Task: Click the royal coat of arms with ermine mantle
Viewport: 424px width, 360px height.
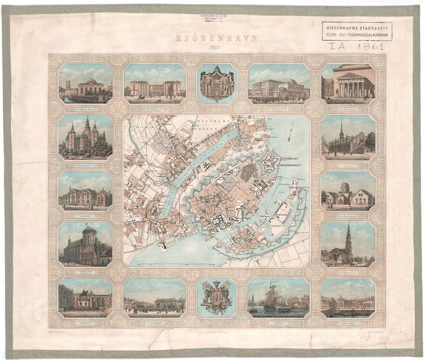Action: (217, 83)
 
